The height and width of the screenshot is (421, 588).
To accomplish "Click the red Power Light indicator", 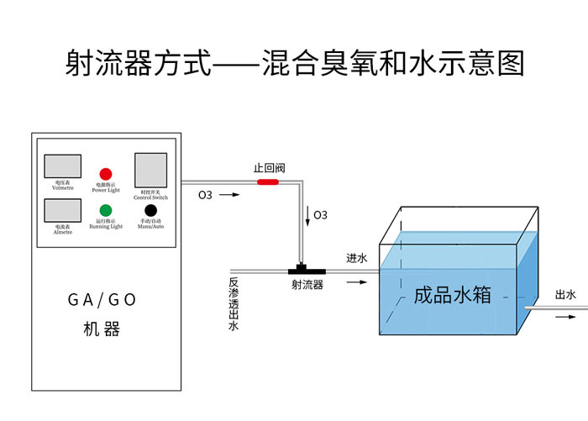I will pyautogui.click(x=106, y=174).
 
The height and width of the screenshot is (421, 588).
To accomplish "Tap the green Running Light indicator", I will pyautogui.click(x=106, y=210).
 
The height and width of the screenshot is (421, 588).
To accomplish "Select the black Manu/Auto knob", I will pyautogui.click(x=150, y=210).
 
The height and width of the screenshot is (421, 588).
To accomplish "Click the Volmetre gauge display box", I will pyautogui.click(x=62, y=166).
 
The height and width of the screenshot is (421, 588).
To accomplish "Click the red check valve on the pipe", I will pyautogui.click(x=268, y=182).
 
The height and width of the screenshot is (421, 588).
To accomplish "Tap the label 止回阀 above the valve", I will pyautogui.click(x=268, y=168).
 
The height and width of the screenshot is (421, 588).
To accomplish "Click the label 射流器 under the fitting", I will pyautogui.click(x=307, y=286).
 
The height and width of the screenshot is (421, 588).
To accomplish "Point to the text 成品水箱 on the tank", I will pyautogui.click(x=453, y=295).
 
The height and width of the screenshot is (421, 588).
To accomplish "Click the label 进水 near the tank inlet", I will pyautogui.click(x=357, y=259).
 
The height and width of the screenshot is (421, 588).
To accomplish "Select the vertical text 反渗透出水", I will pyautogui.click(x=234, y=304).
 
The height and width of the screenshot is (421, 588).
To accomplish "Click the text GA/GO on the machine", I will pyautogui.click(x=102, y=300).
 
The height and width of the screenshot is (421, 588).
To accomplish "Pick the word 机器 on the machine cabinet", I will pyautogui.click(x=102, y=329).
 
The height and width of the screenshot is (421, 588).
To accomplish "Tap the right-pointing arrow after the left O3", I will pyautogui.click(x=229, y=196).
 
